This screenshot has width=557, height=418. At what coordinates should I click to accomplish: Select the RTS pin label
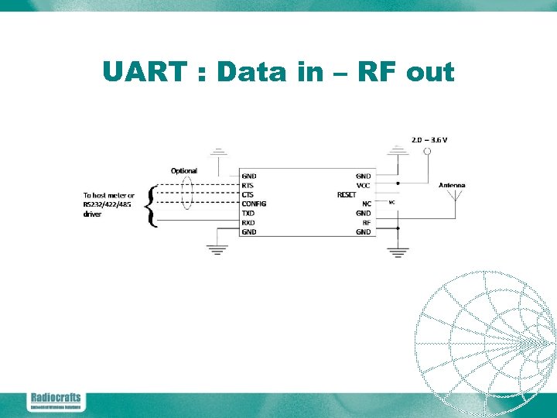(248, 186)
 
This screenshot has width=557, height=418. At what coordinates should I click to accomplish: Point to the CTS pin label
(248, 195)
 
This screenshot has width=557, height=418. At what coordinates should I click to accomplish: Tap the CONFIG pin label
(254, 204)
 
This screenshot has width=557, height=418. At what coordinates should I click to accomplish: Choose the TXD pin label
(248, 213)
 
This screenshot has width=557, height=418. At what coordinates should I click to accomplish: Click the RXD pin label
(248, 222)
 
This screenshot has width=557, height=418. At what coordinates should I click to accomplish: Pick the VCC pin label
(364, 186)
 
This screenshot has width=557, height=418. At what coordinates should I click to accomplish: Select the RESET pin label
(346, 195)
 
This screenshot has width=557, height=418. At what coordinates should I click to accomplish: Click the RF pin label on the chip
(367, 222)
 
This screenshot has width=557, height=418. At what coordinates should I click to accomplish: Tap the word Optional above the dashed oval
(184, 170)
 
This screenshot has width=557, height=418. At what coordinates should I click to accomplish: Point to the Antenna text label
(452, 185)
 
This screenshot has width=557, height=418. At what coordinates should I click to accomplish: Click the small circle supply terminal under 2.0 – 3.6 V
(427, 152)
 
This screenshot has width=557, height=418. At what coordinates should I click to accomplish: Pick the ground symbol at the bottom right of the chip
(398, 251)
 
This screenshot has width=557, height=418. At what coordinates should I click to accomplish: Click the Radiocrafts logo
(55, 401)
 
